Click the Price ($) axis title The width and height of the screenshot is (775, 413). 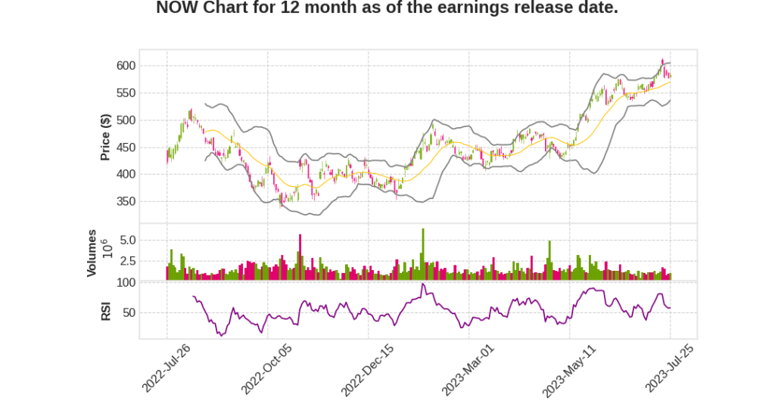[x=106, y=136]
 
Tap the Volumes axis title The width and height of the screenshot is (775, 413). [x=92, y=253]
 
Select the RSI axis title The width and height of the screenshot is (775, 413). [x=106, y=311]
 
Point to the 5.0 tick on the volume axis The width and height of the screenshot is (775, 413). [x=148, y=241]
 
